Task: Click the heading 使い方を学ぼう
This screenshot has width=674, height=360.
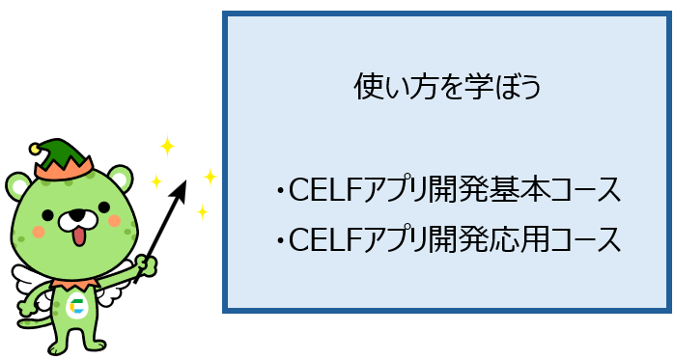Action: point(447,86)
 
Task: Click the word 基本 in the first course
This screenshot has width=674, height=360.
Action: point(514,189)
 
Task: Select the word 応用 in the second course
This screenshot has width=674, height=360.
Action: point(514,238)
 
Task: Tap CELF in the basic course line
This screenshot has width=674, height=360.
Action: point(324,189)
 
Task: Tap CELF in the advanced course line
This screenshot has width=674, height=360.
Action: point(324,239)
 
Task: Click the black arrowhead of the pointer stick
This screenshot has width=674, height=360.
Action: point(180,192)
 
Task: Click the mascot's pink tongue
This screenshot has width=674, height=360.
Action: point(79,236)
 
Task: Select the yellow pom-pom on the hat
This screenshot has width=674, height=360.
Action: point(35,149)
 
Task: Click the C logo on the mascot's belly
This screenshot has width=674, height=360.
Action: point(77,306)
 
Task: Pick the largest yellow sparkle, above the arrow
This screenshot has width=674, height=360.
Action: point(167,146)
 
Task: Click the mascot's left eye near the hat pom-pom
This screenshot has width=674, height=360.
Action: point(47,215)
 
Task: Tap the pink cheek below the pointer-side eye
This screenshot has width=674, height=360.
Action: point(114,221)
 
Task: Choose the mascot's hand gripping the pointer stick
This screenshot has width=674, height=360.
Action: point(147,266)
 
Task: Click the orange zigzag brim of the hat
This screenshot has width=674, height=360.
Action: point(64,169)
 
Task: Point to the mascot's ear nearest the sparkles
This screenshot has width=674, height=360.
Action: point(120,178)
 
